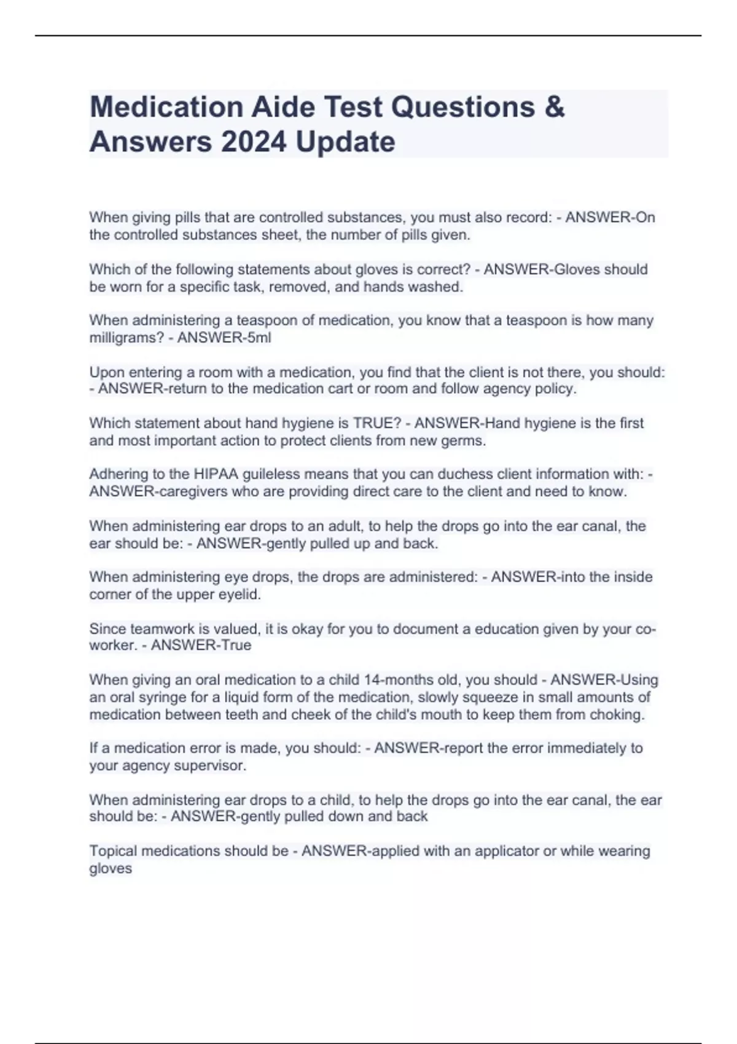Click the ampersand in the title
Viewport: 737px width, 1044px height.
pyautogui.click(x=554, y=107)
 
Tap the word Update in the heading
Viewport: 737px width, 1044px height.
pyautogui.click(x=345, y=142)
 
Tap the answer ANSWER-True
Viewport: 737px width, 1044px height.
pyautogui.click(x=201, y=645)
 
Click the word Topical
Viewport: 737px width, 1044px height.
pyautogui.click(x=111, y=851)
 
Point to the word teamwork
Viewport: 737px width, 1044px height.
pyautogui.click(x=149, y=629)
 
